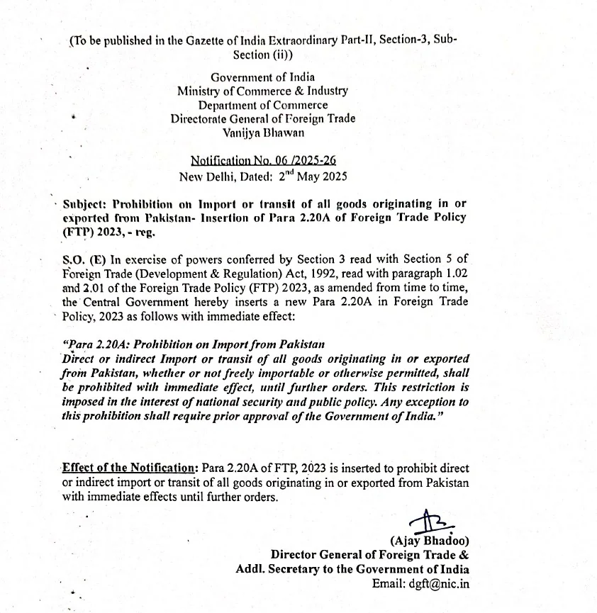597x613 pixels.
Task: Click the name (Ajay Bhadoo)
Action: coord(430,541)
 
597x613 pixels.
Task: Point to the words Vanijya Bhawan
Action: coord(262,133)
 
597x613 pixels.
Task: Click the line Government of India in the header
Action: coord(263,77)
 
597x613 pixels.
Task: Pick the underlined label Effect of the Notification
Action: coord(129,468)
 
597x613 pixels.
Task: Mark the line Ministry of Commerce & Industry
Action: coord(262,91)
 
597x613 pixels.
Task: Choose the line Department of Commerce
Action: coord(263,105)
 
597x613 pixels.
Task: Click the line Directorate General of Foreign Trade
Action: coord(262,118)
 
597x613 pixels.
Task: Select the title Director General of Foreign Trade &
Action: coord(369,556)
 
